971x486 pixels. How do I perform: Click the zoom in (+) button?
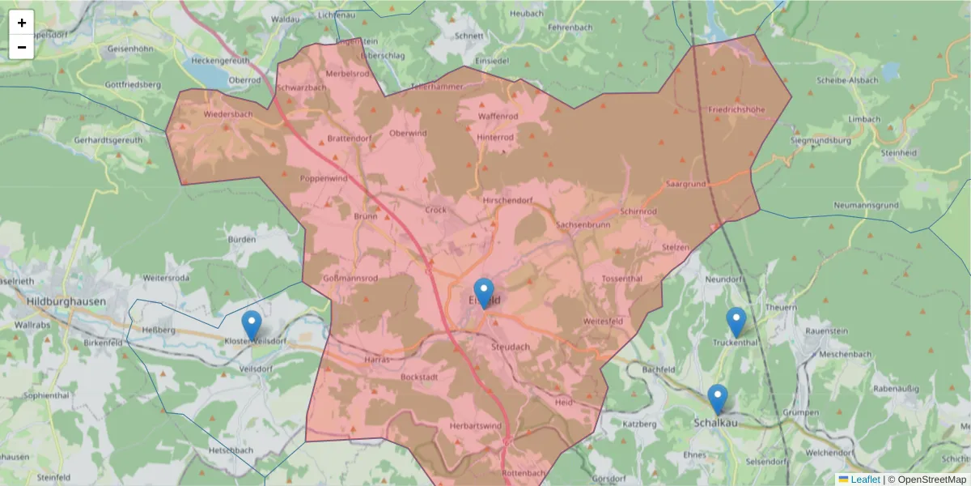coord(22,23)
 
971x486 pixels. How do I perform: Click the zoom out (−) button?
coord(22,47)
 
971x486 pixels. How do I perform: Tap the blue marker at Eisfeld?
coord(484,292)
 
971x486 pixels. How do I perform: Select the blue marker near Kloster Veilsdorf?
coord(252,325)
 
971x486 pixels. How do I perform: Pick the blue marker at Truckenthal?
coord(736,322)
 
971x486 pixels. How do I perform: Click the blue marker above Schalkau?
coord(717,399)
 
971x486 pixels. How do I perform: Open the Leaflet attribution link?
coord(865,480)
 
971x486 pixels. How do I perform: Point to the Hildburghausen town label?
coord(66,301)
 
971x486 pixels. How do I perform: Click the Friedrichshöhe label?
coord(736,109)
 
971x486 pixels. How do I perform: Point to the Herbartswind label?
coord(475,426)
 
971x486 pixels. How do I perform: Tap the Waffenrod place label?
coord(498,117)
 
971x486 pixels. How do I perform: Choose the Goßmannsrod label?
coord(350,279)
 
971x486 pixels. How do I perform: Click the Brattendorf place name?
coord(349,139)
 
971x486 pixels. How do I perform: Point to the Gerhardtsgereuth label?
coord(108,140)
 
